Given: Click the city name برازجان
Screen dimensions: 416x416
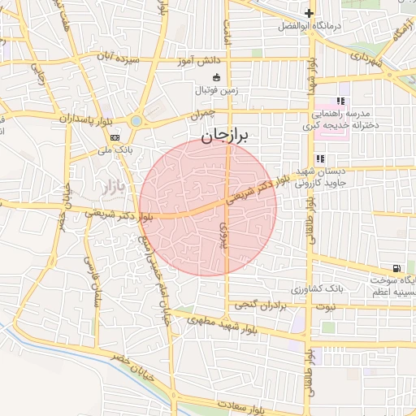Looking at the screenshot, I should pyautogui.click(x=228, y=136).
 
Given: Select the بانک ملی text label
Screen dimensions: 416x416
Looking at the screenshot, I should pyautogui.click(x=115, y=150).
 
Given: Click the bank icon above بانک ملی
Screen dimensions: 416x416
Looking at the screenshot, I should pyautogui.click(x=115, y=138).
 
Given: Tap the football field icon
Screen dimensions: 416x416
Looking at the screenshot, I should pyautogui.click(x=216, y=78).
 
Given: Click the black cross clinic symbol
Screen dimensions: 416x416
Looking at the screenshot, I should pyautogui.click(x=309, y=13).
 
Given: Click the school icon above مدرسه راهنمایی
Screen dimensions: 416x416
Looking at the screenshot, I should pyautogui.click(x=340, y=102).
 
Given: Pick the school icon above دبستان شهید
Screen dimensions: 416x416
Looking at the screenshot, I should pyautogui.click(x=320, y=158).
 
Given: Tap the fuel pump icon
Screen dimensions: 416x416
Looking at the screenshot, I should pyautogui.click(x=396, y=267).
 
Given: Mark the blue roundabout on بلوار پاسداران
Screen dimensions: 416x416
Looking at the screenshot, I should pyautogui.click(x=135, y=122).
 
